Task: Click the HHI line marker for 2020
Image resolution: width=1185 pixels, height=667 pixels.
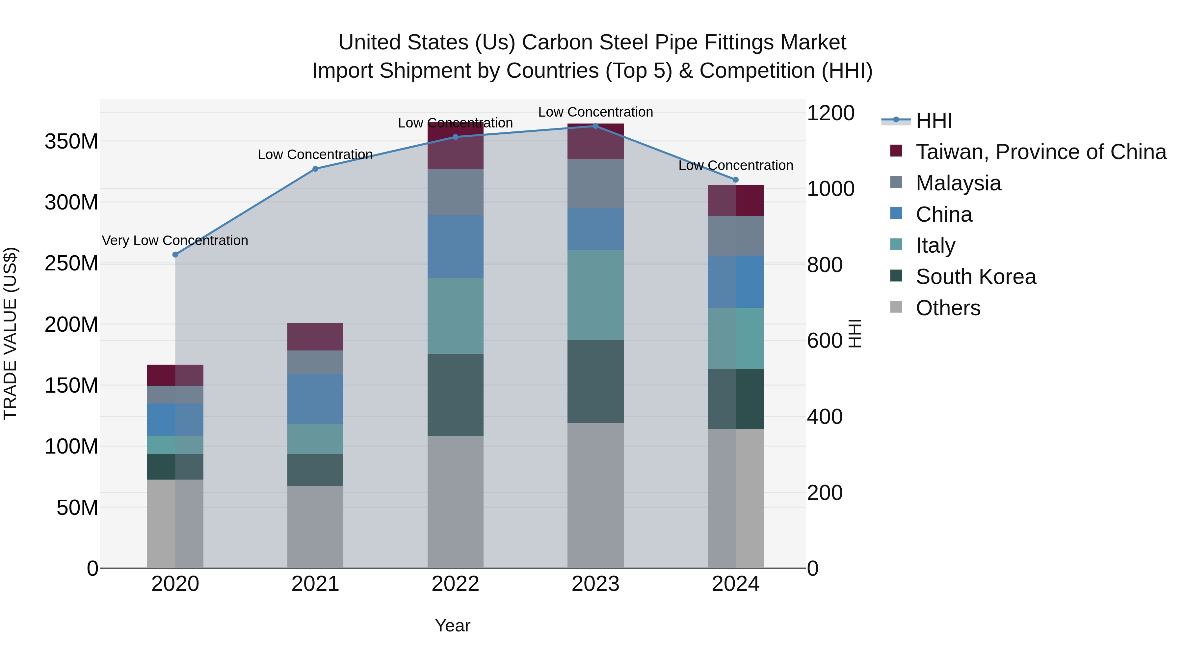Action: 175,255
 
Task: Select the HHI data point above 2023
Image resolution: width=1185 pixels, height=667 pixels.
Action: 595,126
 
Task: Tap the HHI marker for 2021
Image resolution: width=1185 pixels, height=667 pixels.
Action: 315,169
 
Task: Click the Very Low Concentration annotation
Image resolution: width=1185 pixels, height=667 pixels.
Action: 175,240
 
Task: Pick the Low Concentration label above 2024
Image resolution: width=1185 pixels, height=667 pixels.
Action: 736,165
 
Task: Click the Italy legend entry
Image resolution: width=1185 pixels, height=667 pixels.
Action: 935,245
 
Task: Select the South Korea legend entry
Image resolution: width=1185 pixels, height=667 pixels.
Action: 975,277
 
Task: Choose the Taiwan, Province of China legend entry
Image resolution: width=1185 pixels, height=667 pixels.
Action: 1040,152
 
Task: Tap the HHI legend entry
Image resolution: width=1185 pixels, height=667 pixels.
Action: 934,121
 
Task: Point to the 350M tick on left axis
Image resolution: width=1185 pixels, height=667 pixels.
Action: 71,141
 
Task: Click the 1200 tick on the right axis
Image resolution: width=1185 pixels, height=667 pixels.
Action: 830,113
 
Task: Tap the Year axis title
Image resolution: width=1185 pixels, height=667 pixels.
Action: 453,625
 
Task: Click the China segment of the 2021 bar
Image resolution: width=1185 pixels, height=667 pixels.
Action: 315,399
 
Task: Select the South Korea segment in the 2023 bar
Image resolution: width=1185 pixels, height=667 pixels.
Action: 595,382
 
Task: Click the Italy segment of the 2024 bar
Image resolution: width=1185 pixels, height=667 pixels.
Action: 736,338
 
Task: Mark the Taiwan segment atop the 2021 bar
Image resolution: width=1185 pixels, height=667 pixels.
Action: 315,337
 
